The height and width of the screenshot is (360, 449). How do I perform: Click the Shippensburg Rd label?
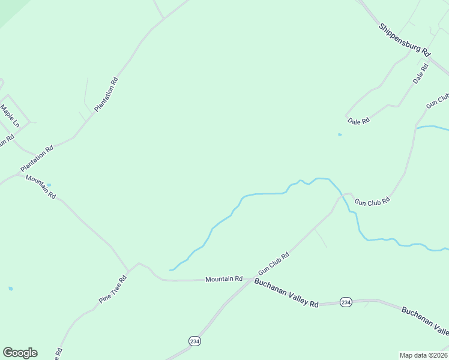pyautogui.click(x=405, y=40)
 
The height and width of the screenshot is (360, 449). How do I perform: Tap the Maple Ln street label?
pyautogui.click(x=10, y=116)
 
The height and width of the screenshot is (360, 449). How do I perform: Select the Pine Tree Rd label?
pyautogui.click(x=113, y=289)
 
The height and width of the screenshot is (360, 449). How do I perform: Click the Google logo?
pyautogui.click(x=20, y=353)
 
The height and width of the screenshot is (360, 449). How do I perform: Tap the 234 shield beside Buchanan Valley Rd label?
pyautogui.click(x=345, y=302)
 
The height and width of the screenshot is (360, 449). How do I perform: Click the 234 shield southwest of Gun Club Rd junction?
pyautogui.click(x=194, y=341)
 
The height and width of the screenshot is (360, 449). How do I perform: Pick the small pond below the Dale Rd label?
pyautogui.click(x=340, y=134)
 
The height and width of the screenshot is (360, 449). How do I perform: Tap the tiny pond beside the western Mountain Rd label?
pyautogui.click(x=49, y=185)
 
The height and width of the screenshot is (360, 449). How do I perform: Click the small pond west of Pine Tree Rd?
pyautogui.click(x=11, y=289)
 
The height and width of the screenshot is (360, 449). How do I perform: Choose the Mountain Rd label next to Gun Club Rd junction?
pyautogui.click(x=223, y=279)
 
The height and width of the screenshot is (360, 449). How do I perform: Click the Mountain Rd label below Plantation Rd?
pyautogui.click(x=41, y=187)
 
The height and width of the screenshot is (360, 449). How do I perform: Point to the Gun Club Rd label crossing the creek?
pyautogui.click(x=372, y=202)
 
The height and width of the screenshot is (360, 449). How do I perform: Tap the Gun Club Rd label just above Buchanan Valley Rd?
pyautogui.click(x=274, y=263)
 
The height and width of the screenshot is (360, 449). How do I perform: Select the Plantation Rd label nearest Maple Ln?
pyautogui.click(x=37, y=158)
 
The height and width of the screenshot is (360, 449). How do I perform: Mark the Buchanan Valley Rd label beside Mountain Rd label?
pyautogui.click(x=286, y=293)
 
